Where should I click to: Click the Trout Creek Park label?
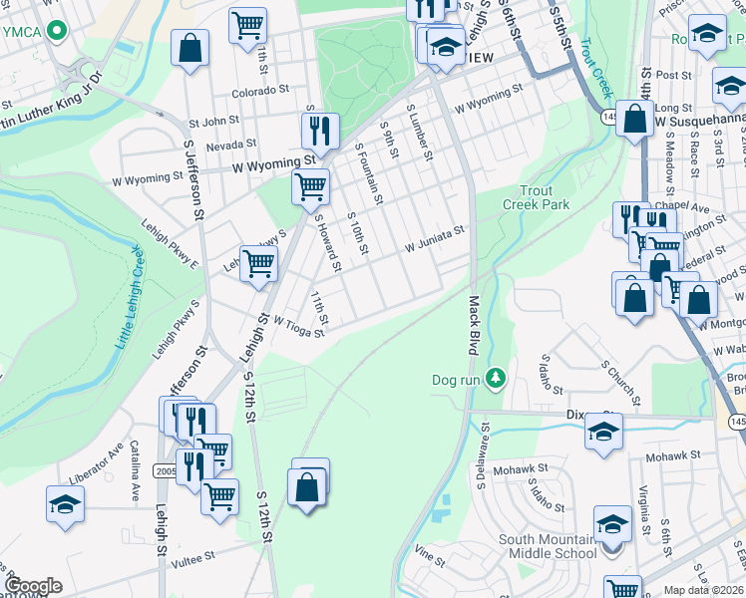coord(544,197)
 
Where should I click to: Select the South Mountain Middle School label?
coord(547,546)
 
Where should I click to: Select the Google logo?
coord(33,586)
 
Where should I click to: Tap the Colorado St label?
coord(260,90)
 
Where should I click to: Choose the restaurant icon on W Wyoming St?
coord(320,131)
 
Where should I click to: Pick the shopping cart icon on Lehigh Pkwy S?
coord(258,264)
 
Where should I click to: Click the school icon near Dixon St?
coord(603,432)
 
